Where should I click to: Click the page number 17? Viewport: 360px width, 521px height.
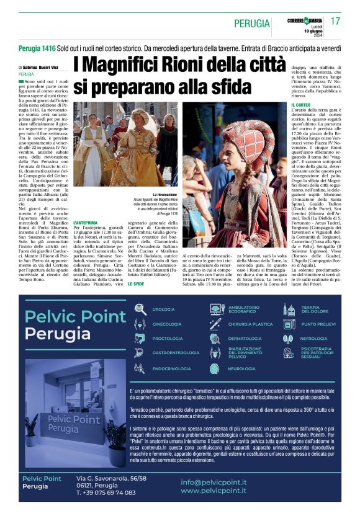pyautogui.click(x=335, y=21)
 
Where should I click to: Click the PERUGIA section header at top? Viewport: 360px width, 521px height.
pyautogui.click(x=251, y=24)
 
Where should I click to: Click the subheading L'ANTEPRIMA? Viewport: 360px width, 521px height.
pyautogui.click(x=85, y=222)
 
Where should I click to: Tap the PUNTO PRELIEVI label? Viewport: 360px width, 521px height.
pyautogui.click(x=318, y=324)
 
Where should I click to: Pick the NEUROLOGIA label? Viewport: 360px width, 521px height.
pyautogui.click(x=241, y=368)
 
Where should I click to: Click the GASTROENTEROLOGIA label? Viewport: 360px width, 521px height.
pyautogui.click(x=176, y=353)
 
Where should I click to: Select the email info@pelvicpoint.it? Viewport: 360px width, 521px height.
pyautogui.click(x=214, y=482)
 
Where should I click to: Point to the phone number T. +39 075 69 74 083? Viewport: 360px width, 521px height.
pyautogui.click(x=106, y=492)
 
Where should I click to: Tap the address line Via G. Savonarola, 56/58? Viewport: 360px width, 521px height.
pyautogui.click(x=111, y=478)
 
